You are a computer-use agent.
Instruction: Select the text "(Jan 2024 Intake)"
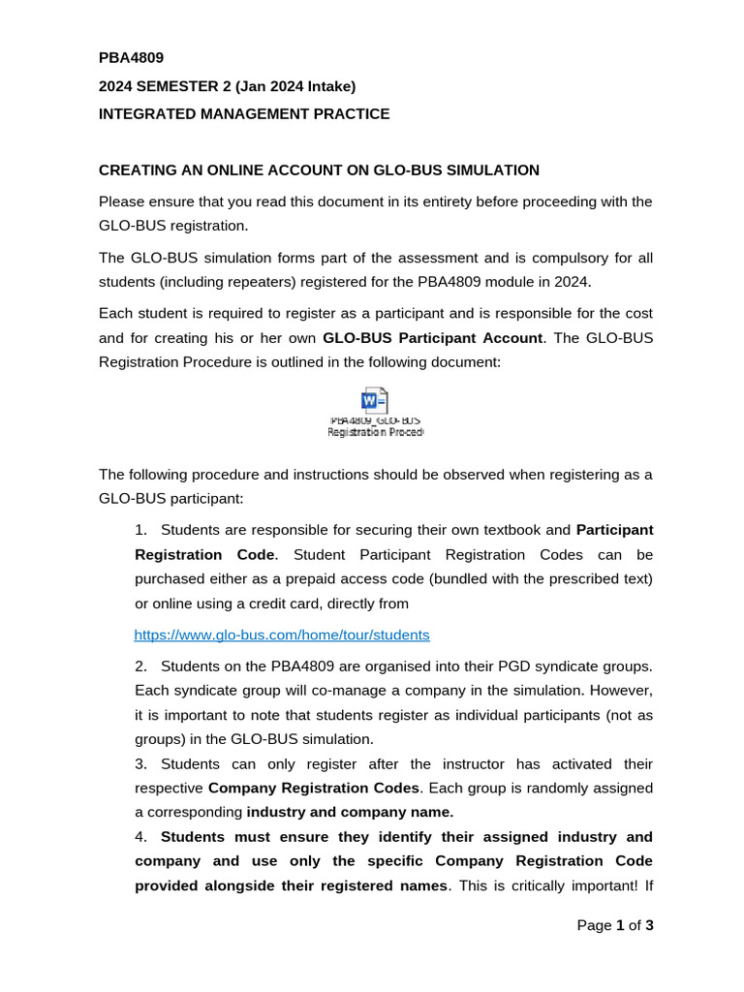[x=298, y=86]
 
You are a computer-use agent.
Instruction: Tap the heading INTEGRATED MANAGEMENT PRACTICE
[x=244, y=114]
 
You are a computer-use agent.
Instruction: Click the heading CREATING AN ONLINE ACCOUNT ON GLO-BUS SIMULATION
[x=319, y=170]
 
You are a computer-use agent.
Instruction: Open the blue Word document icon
[x=374, y=401]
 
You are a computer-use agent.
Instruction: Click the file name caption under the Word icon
[x=375, y=427]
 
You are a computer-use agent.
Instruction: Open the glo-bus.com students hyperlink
[x=281, y=635]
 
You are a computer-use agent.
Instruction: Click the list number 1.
[x=141, y=530]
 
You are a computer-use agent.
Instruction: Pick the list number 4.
[x=141, y=837]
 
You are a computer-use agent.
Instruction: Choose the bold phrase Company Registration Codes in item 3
[x=313, y=788]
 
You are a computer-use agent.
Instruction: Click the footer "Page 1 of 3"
[x=615, y=925]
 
